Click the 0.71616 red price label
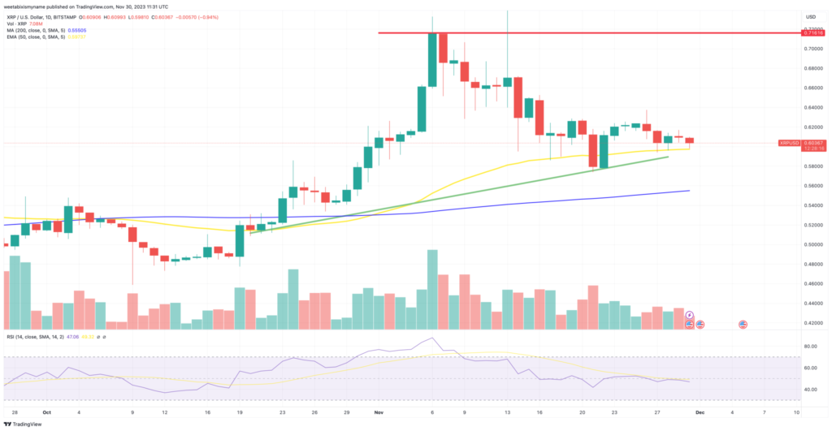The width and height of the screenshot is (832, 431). tap(812, 32)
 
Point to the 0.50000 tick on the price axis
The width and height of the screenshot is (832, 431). tap(812, 244)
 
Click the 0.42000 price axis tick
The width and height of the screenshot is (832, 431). tap(812, 323)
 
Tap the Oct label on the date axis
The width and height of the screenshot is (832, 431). tap(47, 412)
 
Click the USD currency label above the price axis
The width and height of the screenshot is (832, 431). tap(810, 16)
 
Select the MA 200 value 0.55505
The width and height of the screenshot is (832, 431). tap(78, 30)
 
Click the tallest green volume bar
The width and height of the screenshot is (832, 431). tap(433, 289)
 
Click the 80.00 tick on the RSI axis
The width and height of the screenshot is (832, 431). tap(810, 347)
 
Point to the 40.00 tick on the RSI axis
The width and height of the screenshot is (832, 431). tap(810, 389)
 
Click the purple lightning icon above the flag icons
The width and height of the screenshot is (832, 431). tap(690, 315)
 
